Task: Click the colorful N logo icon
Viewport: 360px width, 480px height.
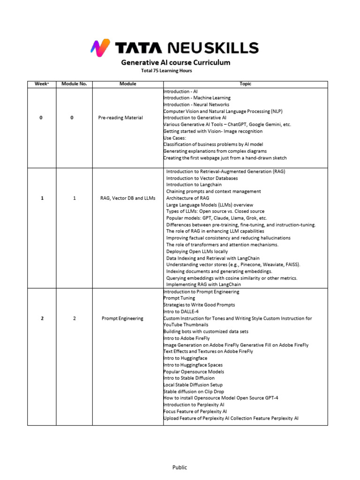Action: (100, 47)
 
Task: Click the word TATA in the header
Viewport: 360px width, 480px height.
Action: (138, 48)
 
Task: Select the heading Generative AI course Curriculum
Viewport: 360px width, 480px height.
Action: (176, 62)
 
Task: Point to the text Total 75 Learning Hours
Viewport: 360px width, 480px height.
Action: (166, 71)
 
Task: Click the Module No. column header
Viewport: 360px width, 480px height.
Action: (74, 84)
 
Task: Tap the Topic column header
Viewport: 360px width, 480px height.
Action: (245, 84)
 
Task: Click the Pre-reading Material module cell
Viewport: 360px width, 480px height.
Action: (120, 118)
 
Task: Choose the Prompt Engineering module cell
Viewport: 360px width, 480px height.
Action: (122, 318)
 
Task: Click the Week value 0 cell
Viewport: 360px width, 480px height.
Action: (41, 118)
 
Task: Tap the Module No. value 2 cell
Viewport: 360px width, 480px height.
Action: (74, 318)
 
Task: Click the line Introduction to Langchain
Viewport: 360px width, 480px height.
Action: (189, 185)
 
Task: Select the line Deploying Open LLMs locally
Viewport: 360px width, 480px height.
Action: (197, 251)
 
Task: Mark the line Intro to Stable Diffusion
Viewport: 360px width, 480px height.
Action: (188, 378)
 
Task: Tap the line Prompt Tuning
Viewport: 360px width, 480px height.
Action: (179, 298)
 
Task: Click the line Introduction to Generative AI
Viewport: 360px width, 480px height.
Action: (195, 118)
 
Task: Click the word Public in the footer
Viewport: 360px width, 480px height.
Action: (180, 467)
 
